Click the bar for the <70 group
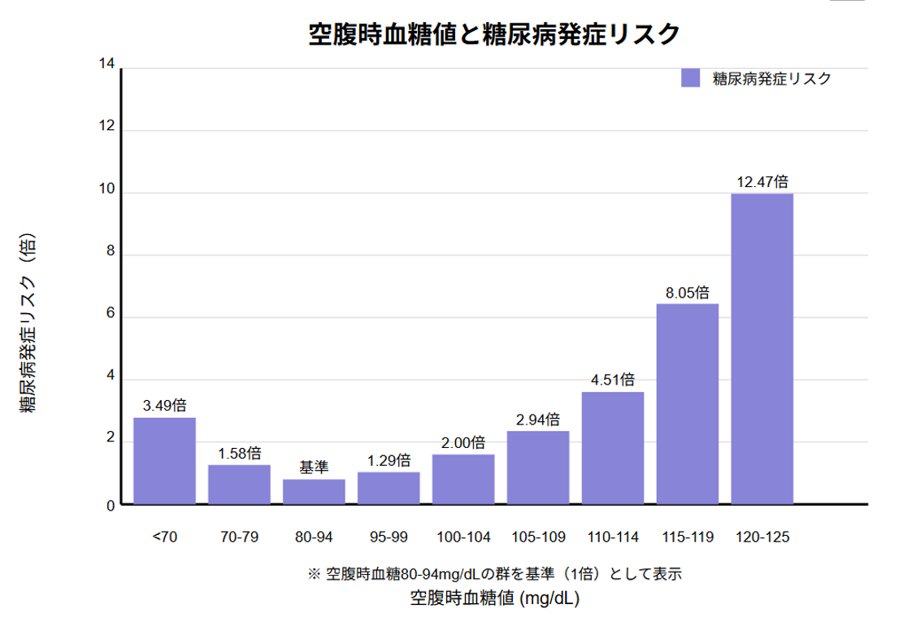tap(164, 461)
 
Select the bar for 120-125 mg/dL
tap(762, 349)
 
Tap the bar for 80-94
tap(314, 492)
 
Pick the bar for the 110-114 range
tap(613, 448)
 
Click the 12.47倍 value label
tap(762, 181)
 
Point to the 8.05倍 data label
tap(688, 292)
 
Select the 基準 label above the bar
tap(314, 468)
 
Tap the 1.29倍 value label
tap(389, 460)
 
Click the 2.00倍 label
tap(463, 443)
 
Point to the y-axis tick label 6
tap(110, 317)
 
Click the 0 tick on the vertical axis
tap(110, 506)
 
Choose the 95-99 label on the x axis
tap(389, 537)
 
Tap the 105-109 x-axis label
tap(538, 537)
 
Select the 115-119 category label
tap(688, 537)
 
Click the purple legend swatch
tap(690, 78)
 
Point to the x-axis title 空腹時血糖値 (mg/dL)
tap(494, 599)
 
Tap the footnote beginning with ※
tap(494, 573)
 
